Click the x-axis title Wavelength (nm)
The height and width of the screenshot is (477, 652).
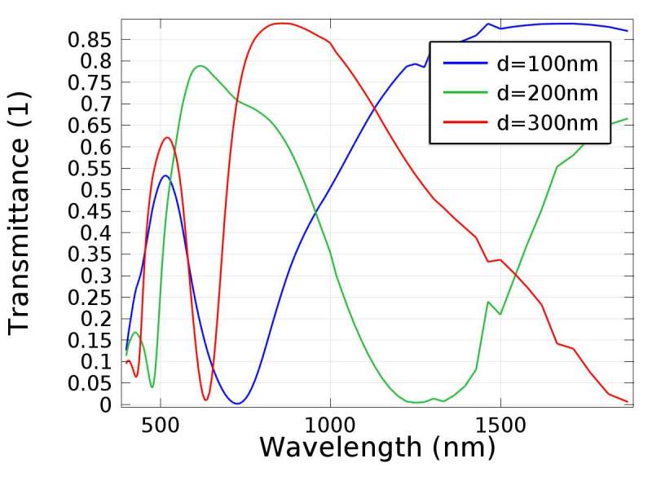coord(377,447)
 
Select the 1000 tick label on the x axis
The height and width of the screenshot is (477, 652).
coord(330,426)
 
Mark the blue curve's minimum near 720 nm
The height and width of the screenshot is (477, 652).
coord(236,403)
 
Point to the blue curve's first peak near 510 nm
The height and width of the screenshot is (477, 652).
coord(165,175)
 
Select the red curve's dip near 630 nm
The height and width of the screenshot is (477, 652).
coord(206,400)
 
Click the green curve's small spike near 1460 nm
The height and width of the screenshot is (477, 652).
coord(488,302)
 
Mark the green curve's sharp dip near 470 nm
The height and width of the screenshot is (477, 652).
coord(152,386)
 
